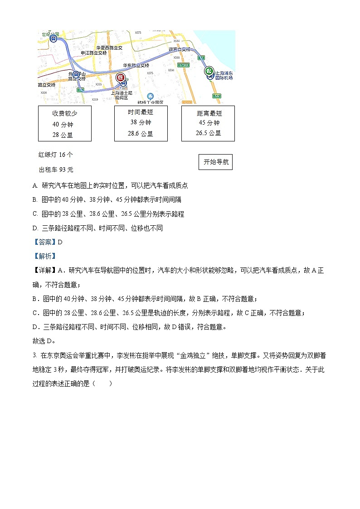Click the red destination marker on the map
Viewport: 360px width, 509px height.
(x=121, y=78)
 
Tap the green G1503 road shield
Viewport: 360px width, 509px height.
(x=183, y=65)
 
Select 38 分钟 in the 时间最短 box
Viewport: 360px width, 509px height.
(x=141, y=122)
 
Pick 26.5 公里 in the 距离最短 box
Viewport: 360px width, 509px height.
(x=208, y=133)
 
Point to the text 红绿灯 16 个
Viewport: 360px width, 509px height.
(x=56, y=155)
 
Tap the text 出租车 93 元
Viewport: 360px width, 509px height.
(x=56, y=170)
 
